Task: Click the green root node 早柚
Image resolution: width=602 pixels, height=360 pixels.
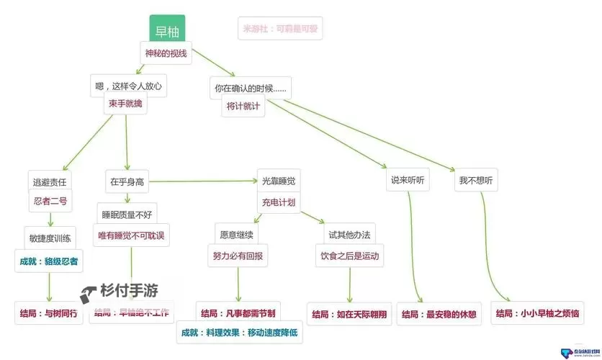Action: coord(167,31)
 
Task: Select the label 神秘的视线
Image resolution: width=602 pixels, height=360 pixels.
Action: coord(166,53)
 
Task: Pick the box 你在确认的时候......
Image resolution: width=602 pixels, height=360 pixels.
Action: coord(250,89)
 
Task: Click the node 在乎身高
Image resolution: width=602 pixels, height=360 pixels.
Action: coord(127,182)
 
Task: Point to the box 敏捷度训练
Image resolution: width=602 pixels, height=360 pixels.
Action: coord(50,238)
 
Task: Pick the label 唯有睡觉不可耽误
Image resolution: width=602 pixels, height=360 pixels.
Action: coord(132,235)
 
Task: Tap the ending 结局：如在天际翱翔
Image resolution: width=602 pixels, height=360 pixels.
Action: coord(349,315)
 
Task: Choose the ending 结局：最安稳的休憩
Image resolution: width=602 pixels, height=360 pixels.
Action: coord(439,315)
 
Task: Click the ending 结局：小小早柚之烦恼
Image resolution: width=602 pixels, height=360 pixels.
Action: coord(538,314)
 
